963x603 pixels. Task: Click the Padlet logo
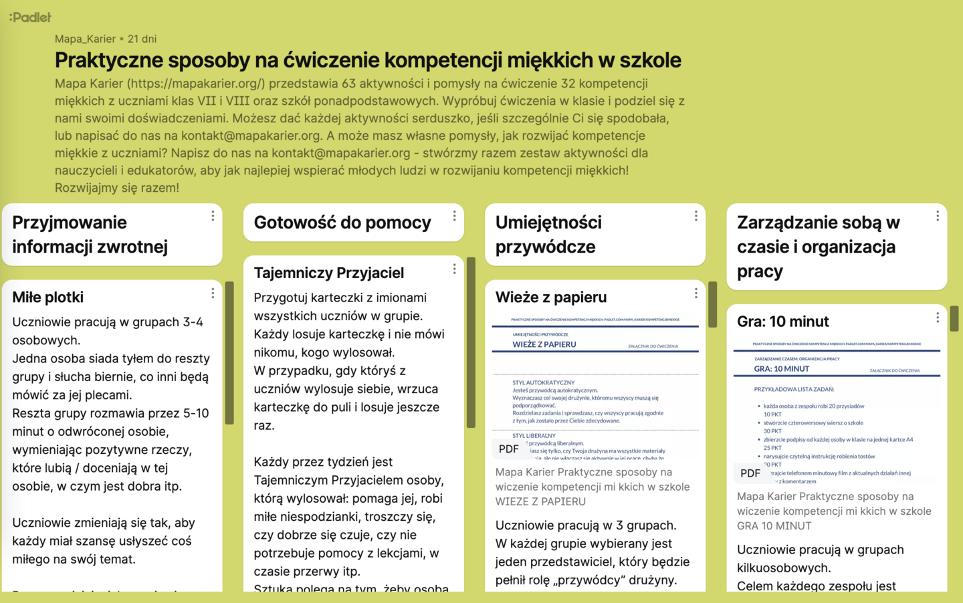click(x=30, y=17)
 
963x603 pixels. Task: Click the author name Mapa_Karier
click(x=85, y=39)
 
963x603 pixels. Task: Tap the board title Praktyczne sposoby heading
click(x=368, y=60)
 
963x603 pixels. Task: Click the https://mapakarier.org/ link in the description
click(x=196, y=84)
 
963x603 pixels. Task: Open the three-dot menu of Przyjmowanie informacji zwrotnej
click(x=213, y=216)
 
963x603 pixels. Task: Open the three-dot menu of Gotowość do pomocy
click(x=454, y=216)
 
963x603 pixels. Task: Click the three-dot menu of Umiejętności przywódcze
click(x=695, y=216)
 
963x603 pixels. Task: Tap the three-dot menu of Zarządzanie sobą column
click(x=938, y=216)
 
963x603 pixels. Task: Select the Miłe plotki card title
click(x=48, y=297)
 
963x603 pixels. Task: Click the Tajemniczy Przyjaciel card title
click(x=328, y=273)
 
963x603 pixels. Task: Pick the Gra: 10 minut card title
click(x=782, y=322)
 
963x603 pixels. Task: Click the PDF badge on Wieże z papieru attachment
click(x=509, y=449)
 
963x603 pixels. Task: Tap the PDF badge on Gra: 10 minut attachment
click(x=750, y=473)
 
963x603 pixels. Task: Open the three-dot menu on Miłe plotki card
click(x=213, y=293)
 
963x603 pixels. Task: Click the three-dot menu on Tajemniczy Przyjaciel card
click(x=454, y=269)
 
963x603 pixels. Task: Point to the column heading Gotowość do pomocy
click(x=342, y=223)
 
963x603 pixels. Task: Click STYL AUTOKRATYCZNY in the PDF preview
click(x=543, y=383)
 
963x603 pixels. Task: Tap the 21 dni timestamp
click(x=142, y=39)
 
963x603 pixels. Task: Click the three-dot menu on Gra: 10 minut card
click(x=938, y=318)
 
